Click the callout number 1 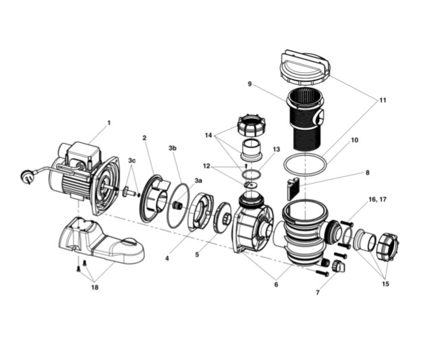point(109,123)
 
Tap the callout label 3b point(172,147)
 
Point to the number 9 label point(250,84)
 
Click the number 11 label point(383,100)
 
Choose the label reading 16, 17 point(377,200)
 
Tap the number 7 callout point(318,292)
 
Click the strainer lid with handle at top point(306,66)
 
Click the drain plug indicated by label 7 point(339,268)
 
